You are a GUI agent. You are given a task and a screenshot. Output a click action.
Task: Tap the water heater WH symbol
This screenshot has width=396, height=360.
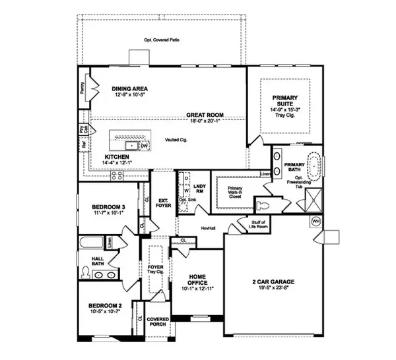315,220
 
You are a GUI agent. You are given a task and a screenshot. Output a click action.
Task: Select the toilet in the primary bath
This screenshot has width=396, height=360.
265,204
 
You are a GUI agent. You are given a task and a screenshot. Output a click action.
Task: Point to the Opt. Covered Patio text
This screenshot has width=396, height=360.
162,40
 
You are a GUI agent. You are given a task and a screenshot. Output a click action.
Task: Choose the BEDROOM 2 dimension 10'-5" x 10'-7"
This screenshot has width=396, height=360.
103,313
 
